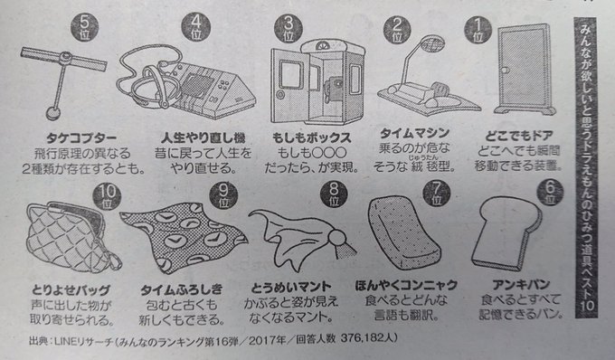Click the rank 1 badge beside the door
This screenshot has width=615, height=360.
click(x=478, y=31)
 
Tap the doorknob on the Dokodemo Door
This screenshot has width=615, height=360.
click(x=505, y=71)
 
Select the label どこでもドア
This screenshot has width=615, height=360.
click(x=519, y=136)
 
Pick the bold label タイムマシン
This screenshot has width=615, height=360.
click(x=414, y=133)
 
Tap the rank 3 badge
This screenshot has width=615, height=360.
click(x=289, y=29)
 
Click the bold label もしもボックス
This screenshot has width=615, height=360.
click(x=311, y=137)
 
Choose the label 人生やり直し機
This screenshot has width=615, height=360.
click(x=203, y=137)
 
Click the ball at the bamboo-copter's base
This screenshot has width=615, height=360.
click(x=53, y=113)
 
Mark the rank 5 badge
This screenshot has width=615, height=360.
click(x=84, y=27)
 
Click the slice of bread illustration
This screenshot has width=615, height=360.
click(x=506, y=232)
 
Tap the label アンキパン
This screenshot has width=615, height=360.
click(x=521, y=285)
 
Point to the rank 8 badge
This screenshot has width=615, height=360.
click(x=334, y=194)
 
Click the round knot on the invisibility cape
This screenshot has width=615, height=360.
click(x=337, y=238)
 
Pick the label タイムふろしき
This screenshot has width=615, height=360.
click(x=181, y=289)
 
